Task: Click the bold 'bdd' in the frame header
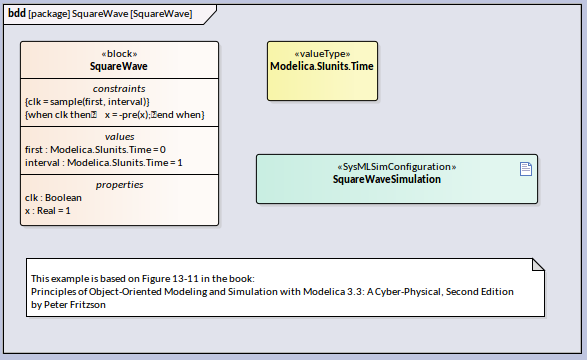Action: coord(17,13)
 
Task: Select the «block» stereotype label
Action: coord(119,54)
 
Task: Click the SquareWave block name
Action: coord(119,66)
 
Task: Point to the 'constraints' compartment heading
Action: coord(119,89)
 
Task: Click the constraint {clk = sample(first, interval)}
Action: coord(87,102)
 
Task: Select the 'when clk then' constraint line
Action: coord(115,115)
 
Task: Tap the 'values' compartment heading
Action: coord(119,137)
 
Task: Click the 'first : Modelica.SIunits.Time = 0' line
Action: coord(95,150)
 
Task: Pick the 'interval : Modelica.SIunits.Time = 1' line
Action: coord(104,163)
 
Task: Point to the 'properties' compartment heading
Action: coord(119,185)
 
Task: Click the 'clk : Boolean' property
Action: coord(53,198)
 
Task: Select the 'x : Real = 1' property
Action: coord(48,211)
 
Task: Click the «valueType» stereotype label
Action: coord(322,54)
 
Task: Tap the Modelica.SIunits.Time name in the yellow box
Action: coord(322,66)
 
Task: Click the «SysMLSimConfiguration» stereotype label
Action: coord(397,167)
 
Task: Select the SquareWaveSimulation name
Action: coord(387,179)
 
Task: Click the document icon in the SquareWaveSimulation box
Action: coord(526,169)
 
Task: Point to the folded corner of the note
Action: coord(538,264)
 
